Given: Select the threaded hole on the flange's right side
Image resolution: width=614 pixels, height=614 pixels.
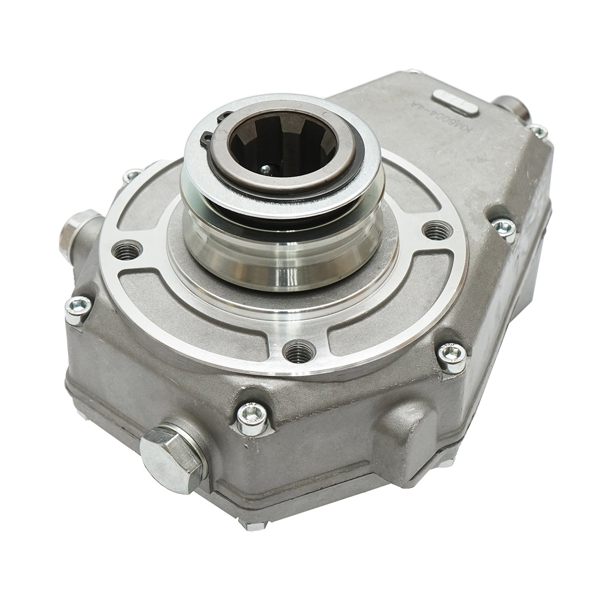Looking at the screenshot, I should [435, 228].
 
